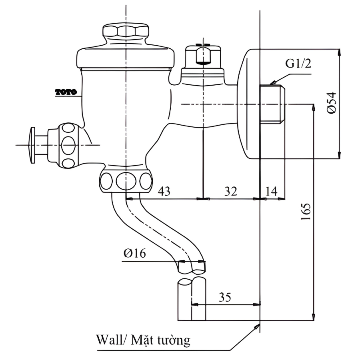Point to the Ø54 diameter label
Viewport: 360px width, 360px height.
(331, 103)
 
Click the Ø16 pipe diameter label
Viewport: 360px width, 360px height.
(135, 253)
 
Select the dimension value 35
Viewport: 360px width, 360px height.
(225, 297)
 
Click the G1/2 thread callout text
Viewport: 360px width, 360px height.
(298, 64)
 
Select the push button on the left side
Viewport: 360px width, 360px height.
(32, 144)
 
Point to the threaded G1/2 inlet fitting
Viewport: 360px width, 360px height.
(274, 104)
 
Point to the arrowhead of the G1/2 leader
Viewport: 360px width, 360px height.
(272, 83)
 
